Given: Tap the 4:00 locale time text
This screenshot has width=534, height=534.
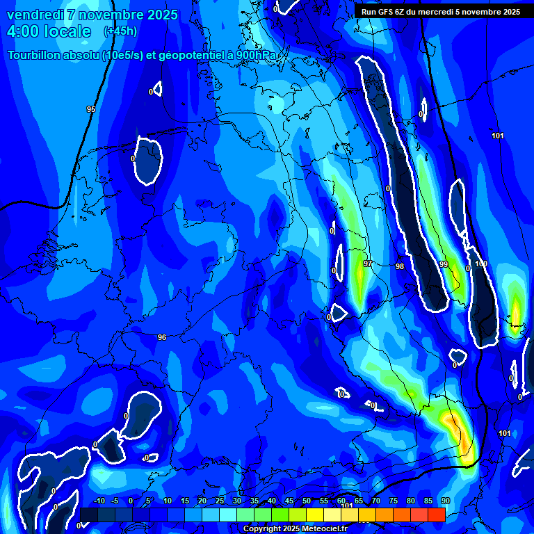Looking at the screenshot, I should pyautogui.click(x=49, y=31).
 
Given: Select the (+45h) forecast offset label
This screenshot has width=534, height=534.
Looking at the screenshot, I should pyautogui.click(x=120, y=31).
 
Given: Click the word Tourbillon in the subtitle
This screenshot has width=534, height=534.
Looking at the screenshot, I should pyautogui.click(x=39, y=56).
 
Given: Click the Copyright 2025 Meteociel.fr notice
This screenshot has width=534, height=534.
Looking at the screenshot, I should pyautogui.click(x=295, y=528).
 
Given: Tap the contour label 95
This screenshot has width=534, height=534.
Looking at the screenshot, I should pyautogui.click(x=91, y=110).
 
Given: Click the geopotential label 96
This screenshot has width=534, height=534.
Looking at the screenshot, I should pyautogui.click(x=162, y=337).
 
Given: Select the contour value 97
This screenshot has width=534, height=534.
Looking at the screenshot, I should pyautogui.click(x=368, y=264).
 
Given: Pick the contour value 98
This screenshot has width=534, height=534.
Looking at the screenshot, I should pyautogui.click(x=400, y=266).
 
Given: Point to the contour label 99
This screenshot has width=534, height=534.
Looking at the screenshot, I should pyautogui.click(x=444, y=265).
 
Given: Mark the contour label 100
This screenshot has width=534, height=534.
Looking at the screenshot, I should pyautogui.click(x=481, y=264).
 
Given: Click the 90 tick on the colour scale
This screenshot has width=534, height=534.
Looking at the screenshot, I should pyautogui.click(x=445, y=501).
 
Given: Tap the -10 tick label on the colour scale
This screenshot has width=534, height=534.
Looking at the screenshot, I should pyautogui.click(x=99, y=501).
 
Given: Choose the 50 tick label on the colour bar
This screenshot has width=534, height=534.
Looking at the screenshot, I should pyautogui.click(x=307, y=501).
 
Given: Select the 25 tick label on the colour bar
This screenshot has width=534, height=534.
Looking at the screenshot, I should pyautogui.click(x=219, y=501).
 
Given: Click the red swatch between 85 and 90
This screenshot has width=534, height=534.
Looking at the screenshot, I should pyautogui.click(x=436, y=515).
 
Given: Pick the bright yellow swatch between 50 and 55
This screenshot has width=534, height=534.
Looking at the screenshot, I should pyautogui.click(x=315, y=515).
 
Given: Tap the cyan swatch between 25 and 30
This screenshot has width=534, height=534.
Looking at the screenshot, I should pyautogui.click(x=228, y=515).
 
